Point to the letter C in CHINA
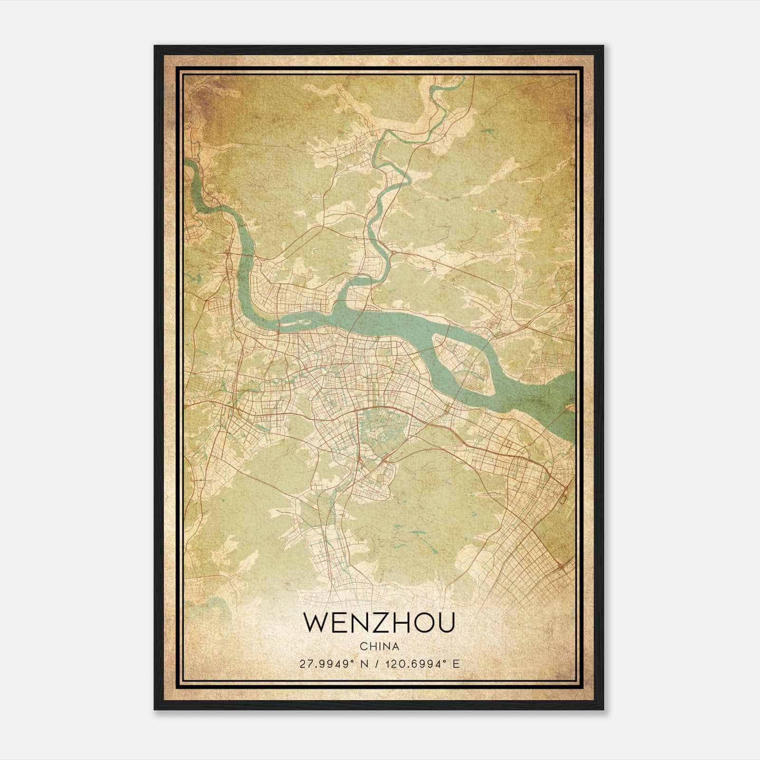tap(363, 646)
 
